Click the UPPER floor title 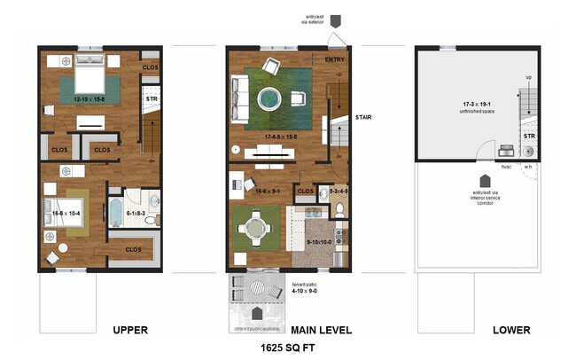(129, 330)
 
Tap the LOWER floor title (511, 330)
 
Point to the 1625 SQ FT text (287, 349)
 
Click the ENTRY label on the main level (335, 59)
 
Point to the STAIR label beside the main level (363, 117)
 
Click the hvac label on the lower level (506, 166)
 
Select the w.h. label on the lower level (528, 166)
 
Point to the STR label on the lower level (529, 136)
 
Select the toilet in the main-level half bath (339, 210)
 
